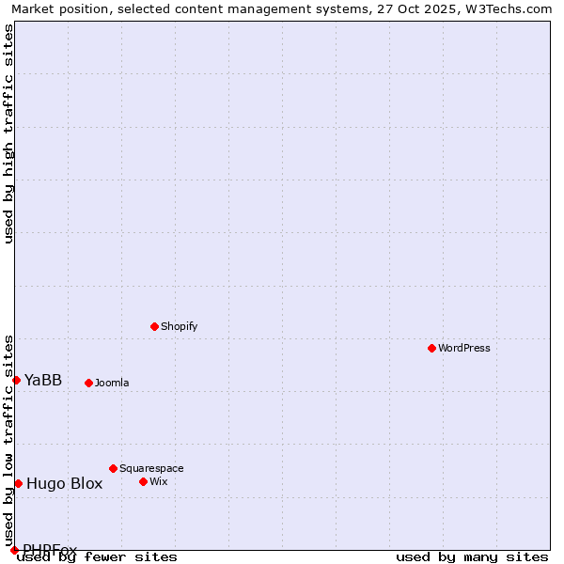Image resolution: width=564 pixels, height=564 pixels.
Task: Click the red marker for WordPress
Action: (431, 348)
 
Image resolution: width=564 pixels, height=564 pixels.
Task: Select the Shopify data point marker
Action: (154, 326)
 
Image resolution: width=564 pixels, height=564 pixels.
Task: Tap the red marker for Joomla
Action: (88, 383)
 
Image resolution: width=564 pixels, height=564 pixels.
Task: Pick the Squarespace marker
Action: (113, 468)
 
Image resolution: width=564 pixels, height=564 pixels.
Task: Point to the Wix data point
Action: (143, 481)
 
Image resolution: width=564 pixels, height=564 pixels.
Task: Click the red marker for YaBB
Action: (16, 380)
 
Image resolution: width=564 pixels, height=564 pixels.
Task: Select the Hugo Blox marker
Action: (18, 483)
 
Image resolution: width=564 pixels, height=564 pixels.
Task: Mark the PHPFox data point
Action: (14, 550)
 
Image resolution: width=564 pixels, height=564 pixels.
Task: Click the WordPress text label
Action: (464, 348)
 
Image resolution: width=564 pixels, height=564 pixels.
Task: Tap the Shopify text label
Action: (179, 326)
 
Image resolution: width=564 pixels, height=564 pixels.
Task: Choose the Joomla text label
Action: (112, 383)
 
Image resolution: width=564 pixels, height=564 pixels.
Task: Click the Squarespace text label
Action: (151, 468)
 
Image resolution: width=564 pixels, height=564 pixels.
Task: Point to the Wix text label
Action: (158, 481)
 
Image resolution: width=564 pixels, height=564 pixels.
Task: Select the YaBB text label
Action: (43, 380)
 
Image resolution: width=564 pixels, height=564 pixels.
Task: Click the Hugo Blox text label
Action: (64, 484)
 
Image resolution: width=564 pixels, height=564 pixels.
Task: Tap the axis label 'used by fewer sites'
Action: (97, 556)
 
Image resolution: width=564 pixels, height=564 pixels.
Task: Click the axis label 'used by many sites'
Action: (472, 556)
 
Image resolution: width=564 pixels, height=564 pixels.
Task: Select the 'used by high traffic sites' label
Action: (8, 133)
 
